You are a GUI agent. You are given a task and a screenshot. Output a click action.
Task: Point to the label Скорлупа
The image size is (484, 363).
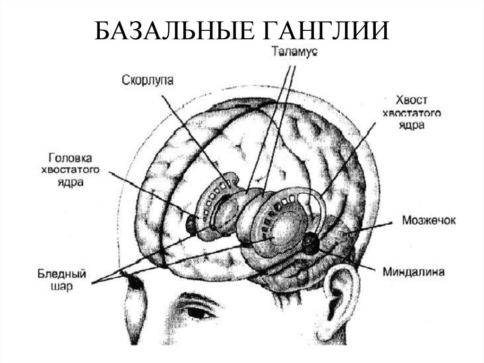tap(147, 80)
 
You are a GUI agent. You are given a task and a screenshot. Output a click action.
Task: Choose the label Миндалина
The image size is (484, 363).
tap(414, 272)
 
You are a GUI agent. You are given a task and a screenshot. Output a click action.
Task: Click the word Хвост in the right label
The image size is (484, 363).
tap(411, 100)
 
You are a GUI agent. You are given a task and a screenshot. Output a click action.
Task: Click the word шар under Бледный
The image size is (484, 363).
tap(60, 287)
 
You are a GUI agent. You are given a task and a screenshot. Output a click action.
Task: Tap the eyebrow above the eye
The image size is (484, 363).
tap(196, 298)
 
